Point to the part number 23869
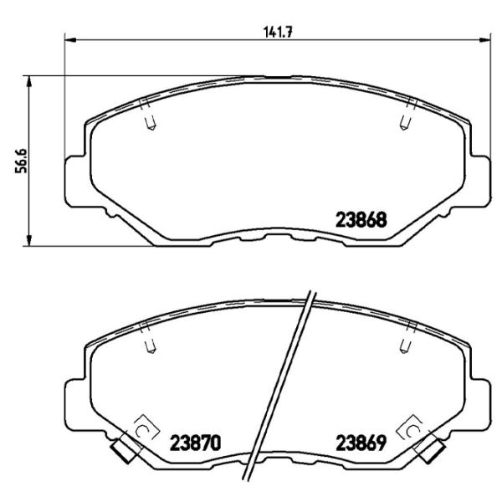pyautogui.click(x=360, y=441)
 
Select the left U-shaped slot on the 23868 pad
pyautogui.click(x=150, y=123)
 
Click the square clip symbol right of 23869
pyautogui.click(x=413, y=430)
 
